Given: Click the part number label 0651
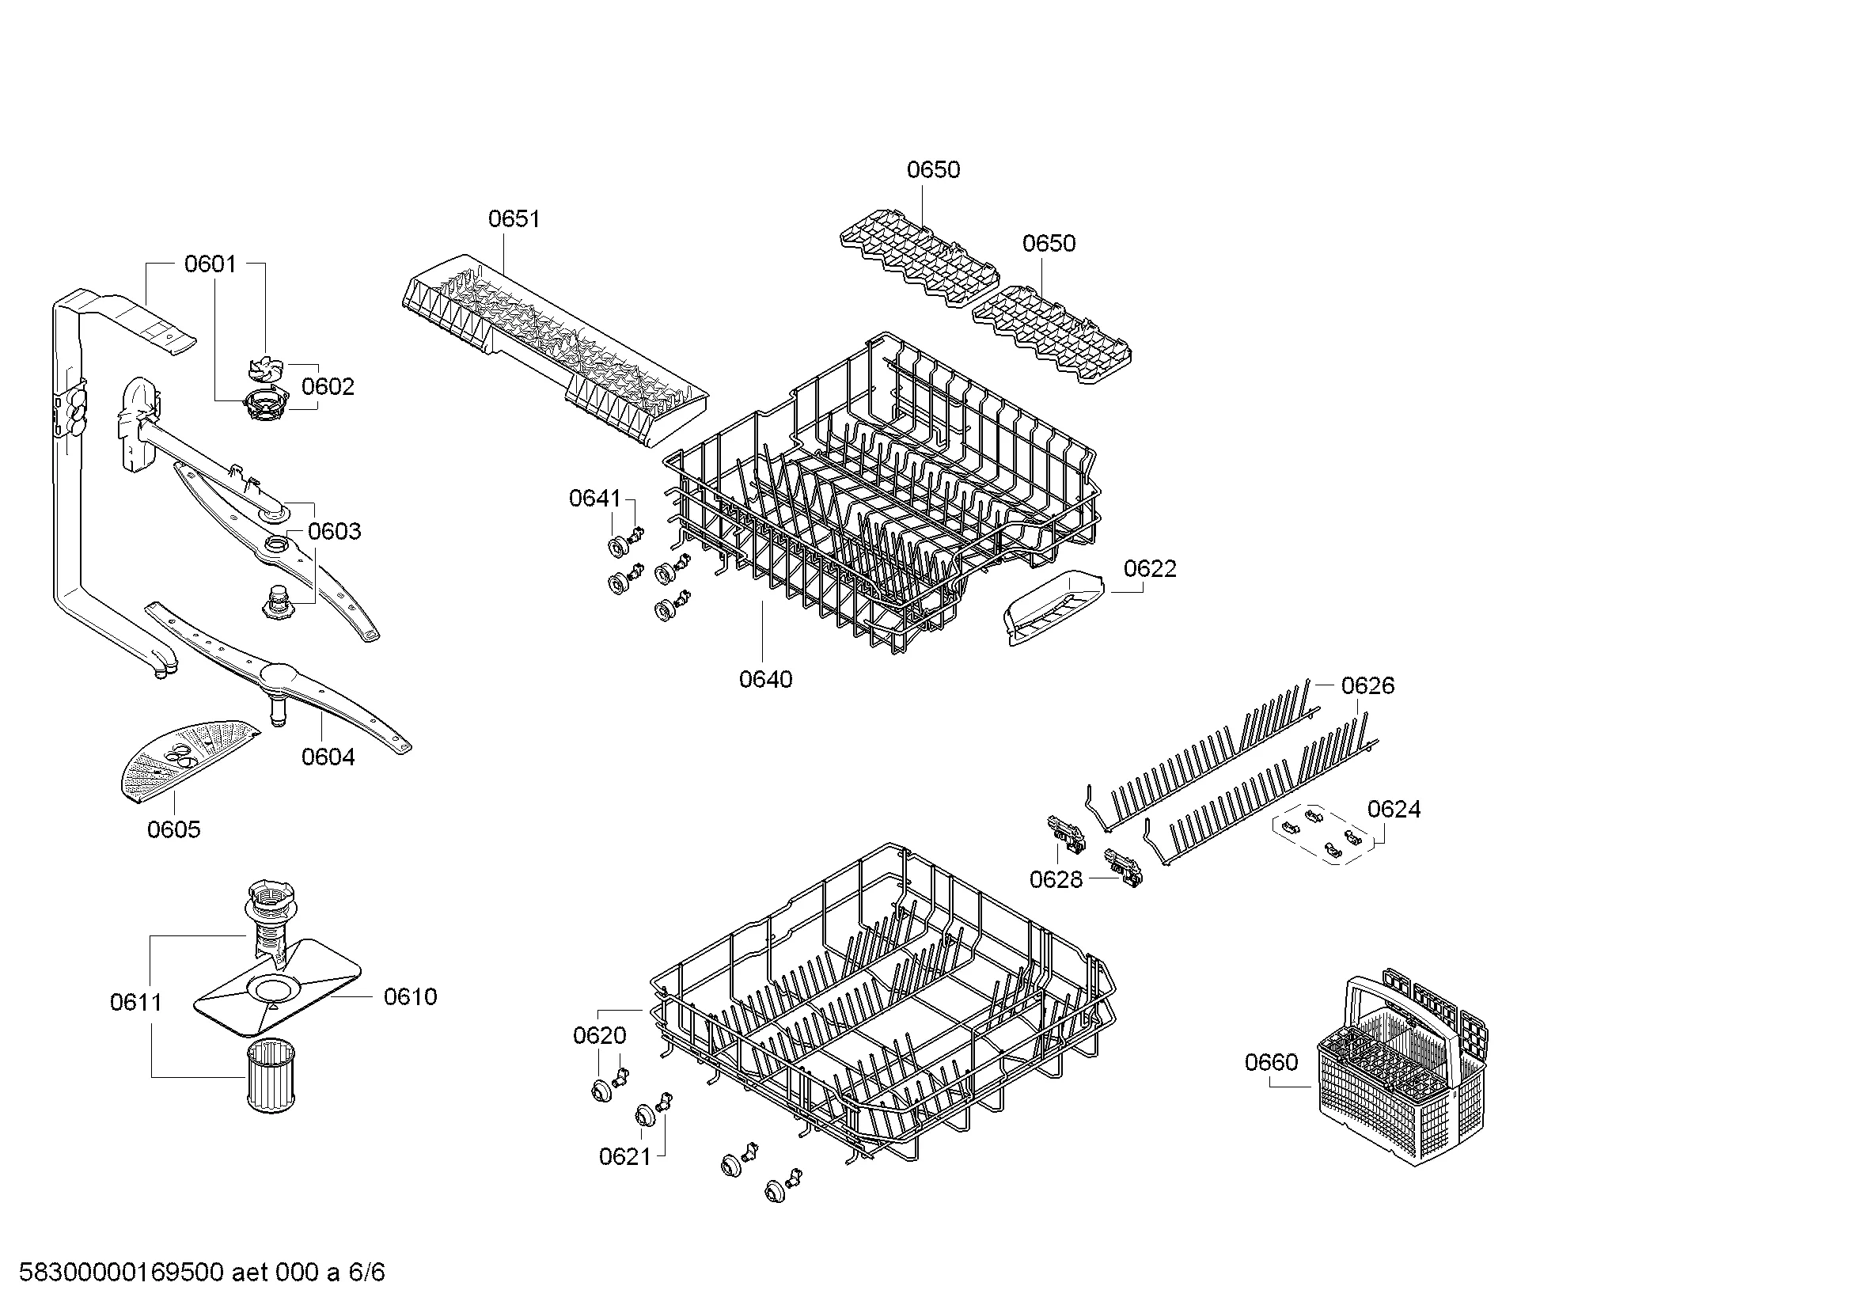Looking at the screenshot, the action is coord(514,218).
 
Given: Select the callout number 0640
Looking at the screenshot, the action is coord(766,680).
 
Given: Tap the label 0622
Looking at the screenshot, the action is coord(1150,569).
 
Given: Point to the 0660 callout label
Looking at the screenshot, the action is coord(1272,1062).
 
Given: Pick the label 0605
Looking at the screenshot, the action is coord(173,829).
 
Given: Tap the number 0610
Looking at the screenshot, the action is coord(411,997).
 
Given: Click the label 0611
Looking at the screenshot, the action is coord(136,1003).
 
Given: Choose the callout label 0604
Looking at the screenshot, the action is coord(328,757).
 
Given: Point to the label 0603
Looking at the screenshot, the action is coord(335,531).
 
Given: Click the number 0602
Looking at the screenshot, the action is coord(328,387).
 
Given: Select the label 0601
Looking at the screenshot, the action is coord(211,264).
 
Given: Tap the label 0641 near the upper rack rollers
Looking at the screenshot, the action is coord(595,499).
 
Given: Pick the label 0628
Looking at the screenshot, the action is coord(1056,879).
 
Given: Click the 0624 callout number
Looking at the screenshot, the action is coord(1394,810).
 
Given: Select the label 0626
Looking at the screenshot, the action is coord(1367,686).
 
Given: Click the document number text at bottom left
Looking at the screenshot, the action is coord(202,1273).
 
